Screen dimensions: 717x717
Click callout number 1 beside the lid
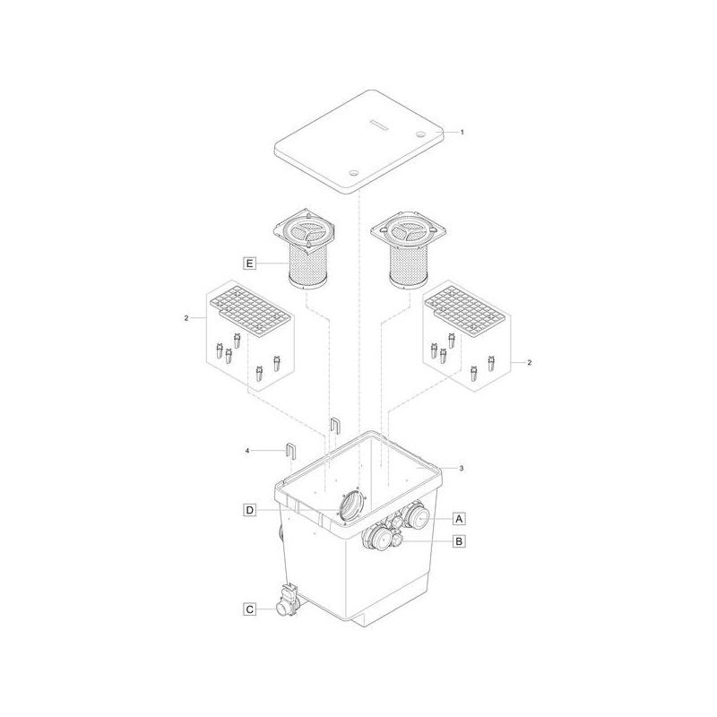coord(462,132)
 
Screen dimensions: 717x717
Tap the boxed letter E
coord(250,263)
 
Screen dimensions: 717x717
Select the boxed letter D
coord(250,511)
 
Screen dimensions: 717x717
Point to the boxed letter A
coord(459,518)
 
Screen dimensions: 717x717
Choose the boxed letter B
coord(459,540)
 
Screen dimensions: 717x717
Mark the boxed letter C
coord(250,609)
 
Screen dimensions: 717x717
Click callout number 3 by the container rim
coord(461,468)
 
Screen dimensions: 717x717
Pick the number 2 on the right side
coord(529,362)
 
